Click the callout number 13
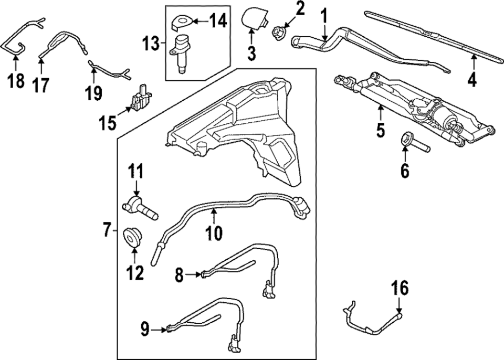pos(151,44)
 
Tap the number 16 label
pos(399,289)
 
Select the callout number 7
pos(107,229)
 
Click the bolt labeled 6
pos(414,144)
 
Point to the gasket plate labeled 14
pos(181,21)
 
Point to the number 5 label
pos(381,130)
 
